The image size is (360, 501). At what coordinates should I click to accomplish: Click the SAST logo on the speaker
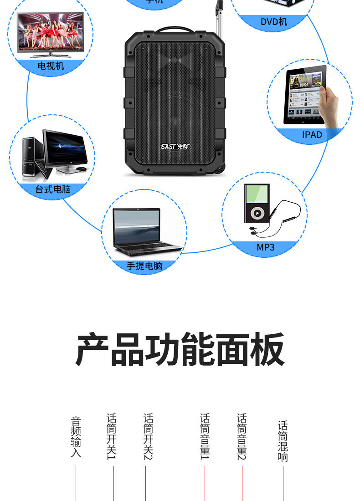pyautogui.click(x=175, y=147)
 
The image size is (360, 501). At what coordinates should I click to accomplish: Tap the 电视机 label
pyautogui.click(x=51, y=66)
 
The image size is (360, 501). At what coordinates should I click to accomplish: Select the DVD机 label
pyautogui.click(x=274, y=22)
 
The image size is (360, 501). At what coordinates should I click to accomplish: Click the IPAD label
pyautogui.click(x=312, y=135)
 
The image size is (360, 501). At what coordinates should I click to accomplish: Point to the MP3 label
pyautogui.click(x=266, y=247)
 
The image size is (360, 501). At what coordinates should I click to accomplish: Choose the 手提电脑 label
pyautogui.click(x=144, y=266)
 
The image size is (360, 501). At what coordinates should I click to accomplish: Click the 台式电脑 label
pyautogui.click(x=53, y=189)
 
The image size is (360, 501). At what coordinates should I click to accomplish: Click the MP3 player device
pyautogui.click(x=256, y=203)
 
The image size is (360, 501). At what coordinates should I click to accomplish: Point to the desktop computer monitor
pyautogui.click(x=65, y=149)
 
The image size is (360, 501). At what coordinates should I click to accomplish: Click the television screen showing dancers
pyautogui.click(x=50, y=33)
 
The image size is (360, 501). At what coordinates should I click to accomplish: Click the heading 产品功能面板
pyautogui.click(x=180, y=350)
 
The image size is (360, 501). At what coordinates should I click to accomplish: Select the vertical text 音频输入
pyautogui.click(x=76, y=436)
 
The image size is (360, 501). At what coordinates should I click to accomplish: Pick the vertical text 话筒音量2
pyautogui.click(x=242, y=436)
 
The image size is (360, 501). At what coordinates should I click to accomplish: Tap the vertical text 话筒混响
pyautogui.click(x=283, y=441)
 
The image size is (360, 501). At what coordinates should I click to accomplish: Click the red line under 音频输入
pyautogui.click(x=76, y=483)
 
